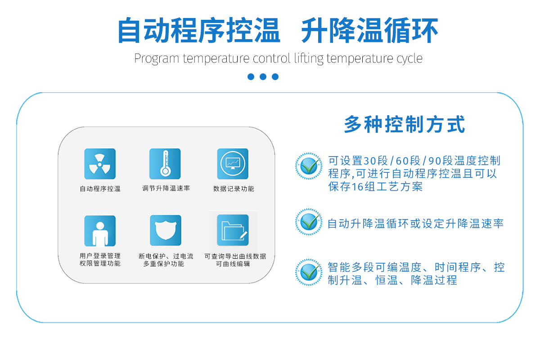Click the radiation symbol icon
coord(100,164)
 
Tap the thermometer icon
coord(165,164)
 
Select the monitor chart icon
coord(233,164)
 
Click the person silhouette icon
coord(100,231)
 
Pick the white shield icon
coord(166,230)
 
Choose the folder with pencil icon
coord(233,230)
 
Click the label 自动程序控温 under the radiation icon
coord(100,189)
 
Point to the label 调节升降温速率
coord(166,188)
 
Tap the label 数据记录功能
coord(234,189)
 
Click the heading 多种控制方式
coord(405,124)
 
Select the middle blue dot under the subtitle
coord(263,76)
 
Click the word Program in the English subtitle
coord(157,58)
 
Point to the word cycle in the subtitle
coord(409,58)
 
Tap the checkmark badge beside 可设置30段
coord(309,166)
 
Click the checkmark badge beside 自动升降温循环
coord(309,222)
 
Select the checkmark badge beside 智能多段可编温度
coord(309,272)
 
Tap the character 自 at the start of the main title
coord(129,30)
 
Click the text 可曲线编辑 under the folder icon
coord(233,264)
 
